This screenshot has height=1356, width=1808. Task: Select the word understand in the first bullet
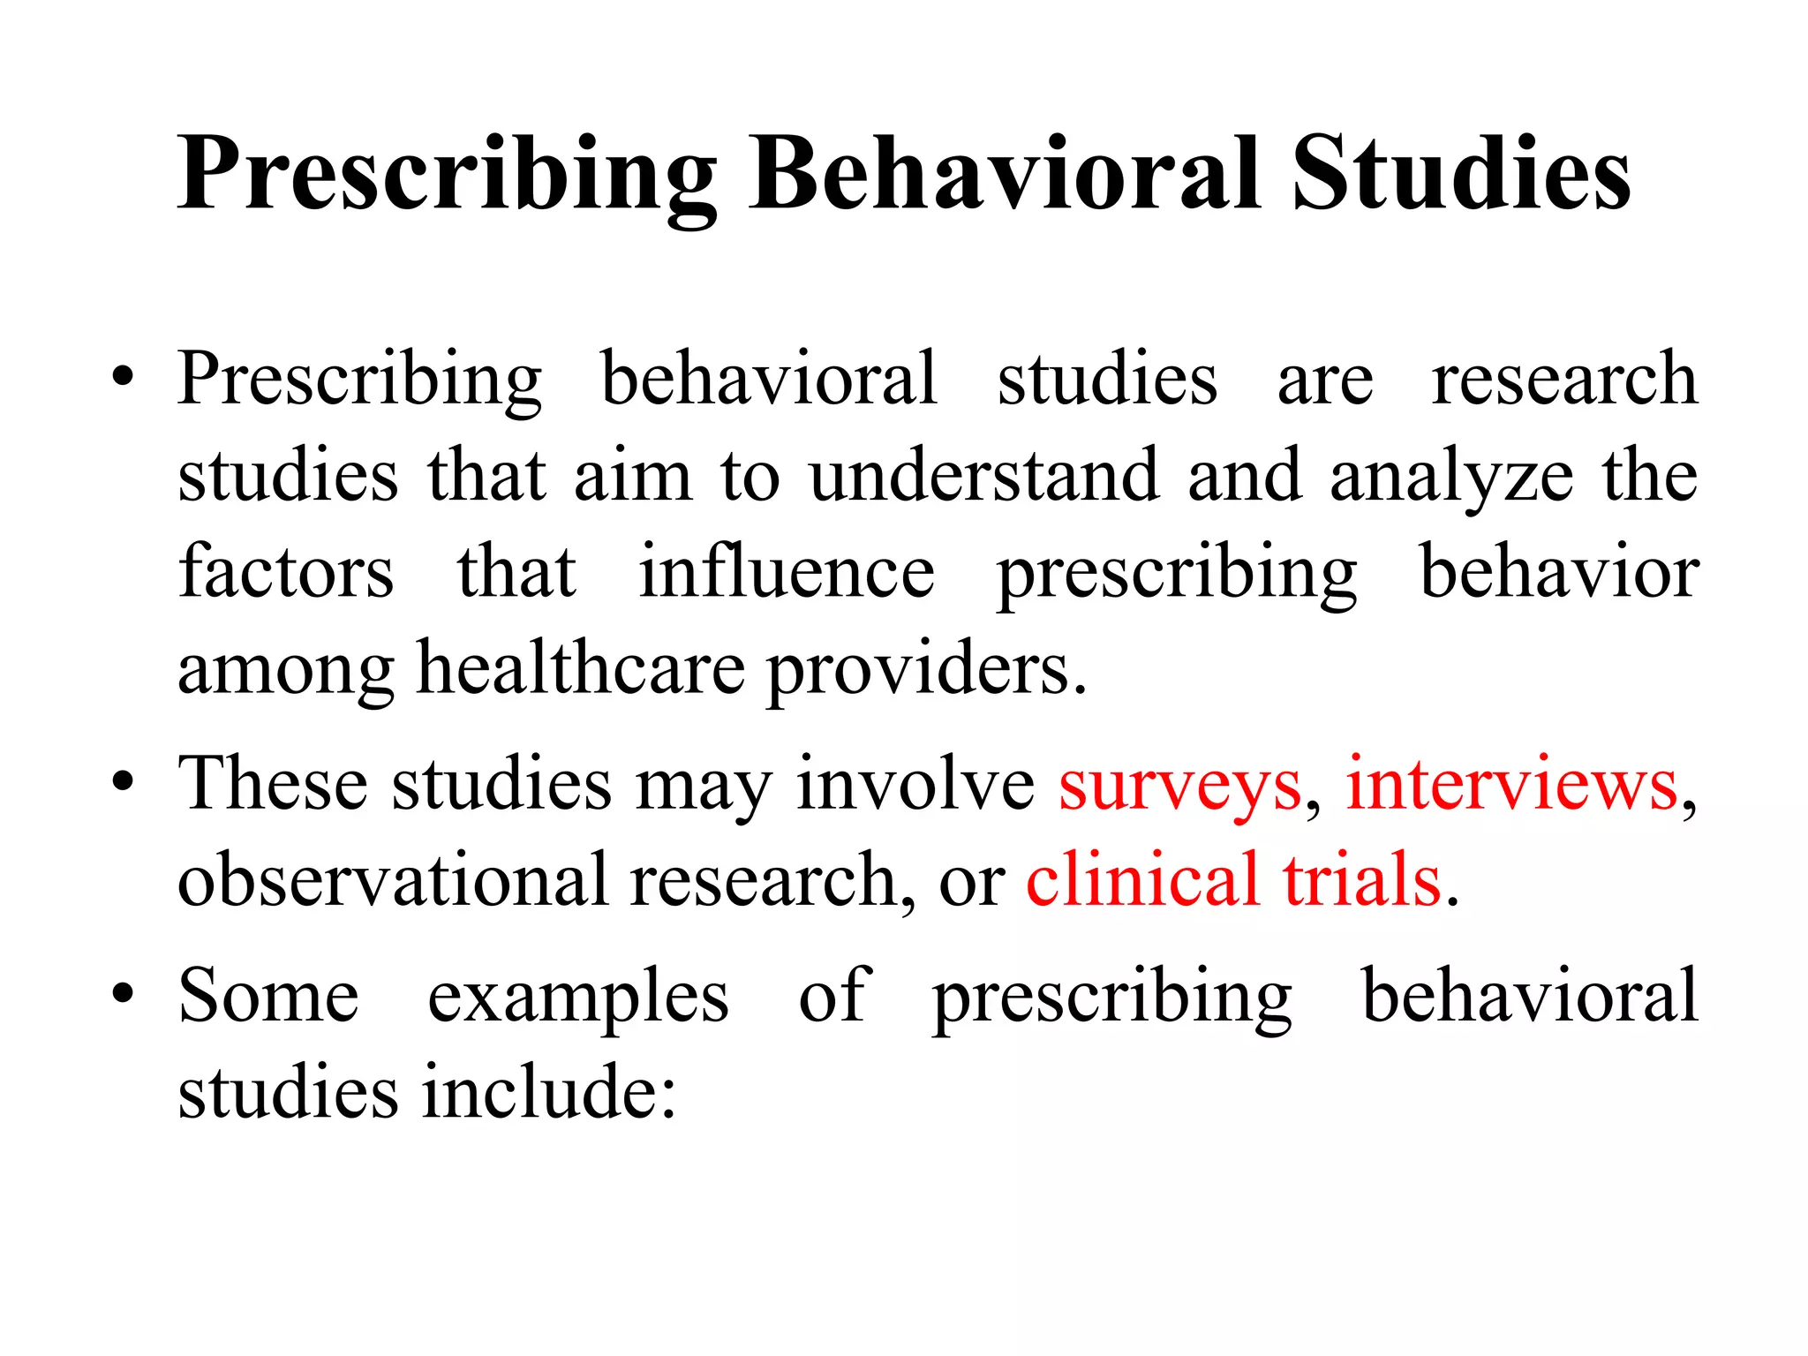(x=984, y=477)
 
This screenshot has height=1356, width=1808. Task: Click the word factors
(x=286, y=572)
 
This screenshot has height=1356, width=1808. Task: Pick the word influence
(x=787, y=572)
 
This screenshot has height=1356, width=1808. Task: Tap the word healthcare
(x=581, y=668)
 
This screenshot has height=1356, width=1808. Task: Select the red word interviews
(x=1511, y=784)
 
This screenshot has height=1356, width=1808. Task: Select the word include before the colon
(x=541, y=1091)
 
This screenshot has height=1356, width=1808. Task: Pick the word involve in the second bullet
(x=915, y=784)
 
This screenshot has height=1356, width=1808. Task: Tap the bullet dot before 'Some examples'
(x=124, y=994)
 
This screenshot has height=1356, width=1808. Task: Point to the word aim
(x=632, y=477)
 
